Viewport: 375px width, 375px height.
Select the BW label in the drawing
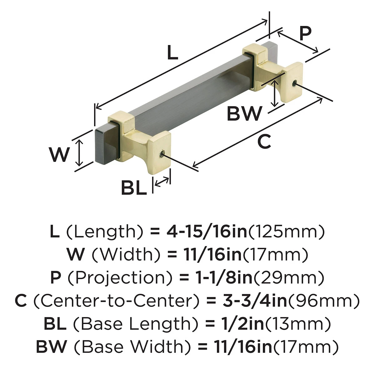click(244, 113)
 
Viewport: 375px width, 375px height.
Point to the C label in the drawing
click(264, 142)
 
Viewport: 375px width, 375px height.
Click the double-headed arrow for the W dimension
click(80, 153)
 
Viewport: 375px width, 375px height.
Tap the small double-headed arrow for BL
click(162, 182)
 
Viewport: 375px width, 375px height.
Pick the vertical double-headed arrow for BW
click(275, 93)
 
